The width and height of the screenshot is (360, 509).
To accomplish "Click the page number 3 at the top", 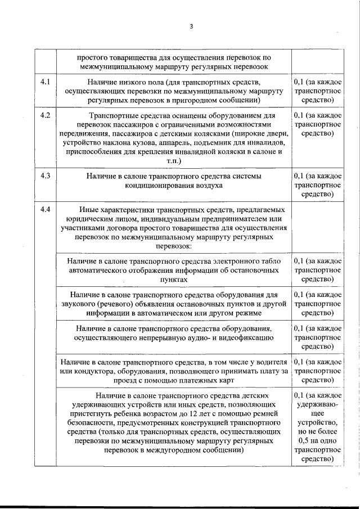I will click(x=191, y=26).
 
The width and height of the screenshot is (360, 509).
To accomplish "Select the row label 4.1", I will click(x=46, y=83).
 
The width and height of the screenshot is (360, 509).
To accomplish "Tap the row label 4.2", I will click(x=46, y=115).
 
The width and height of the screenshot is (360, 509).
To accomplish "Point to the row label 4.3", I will click(x=46, y=175).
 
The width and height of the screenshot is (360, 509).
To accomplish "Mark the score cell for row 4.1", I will click(x=317, y=92).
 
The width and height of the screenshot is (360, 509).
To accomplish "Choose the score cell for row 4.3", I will click(x=317, y=185).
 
